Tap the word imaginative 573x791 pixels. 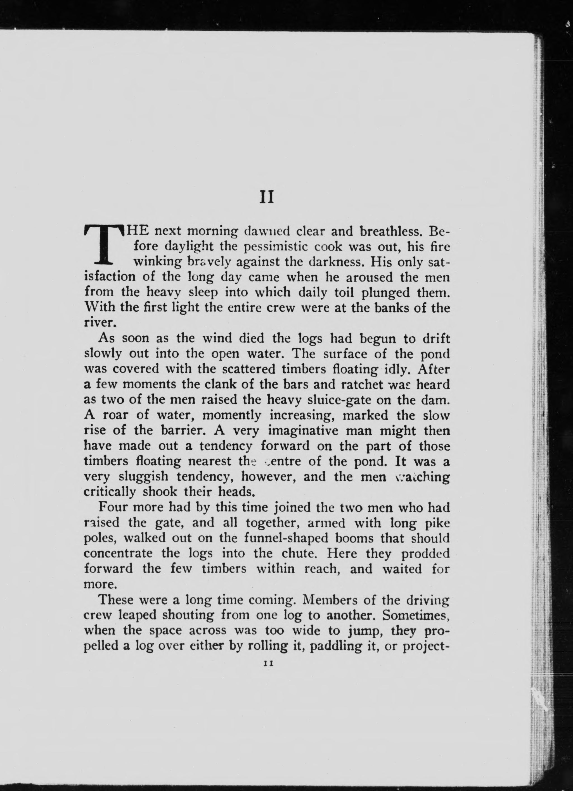click(304, 431)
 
